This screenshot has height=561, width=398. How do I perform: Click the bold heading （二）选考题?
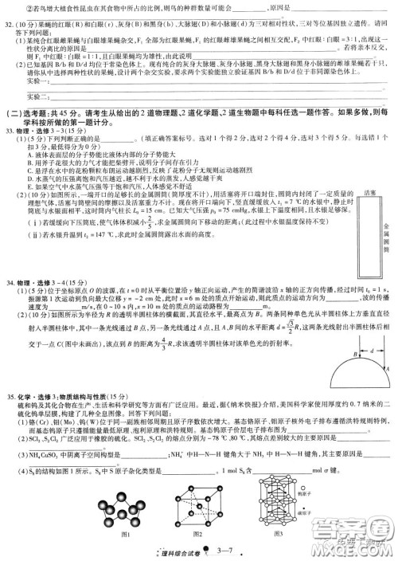tap(29, 112)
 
